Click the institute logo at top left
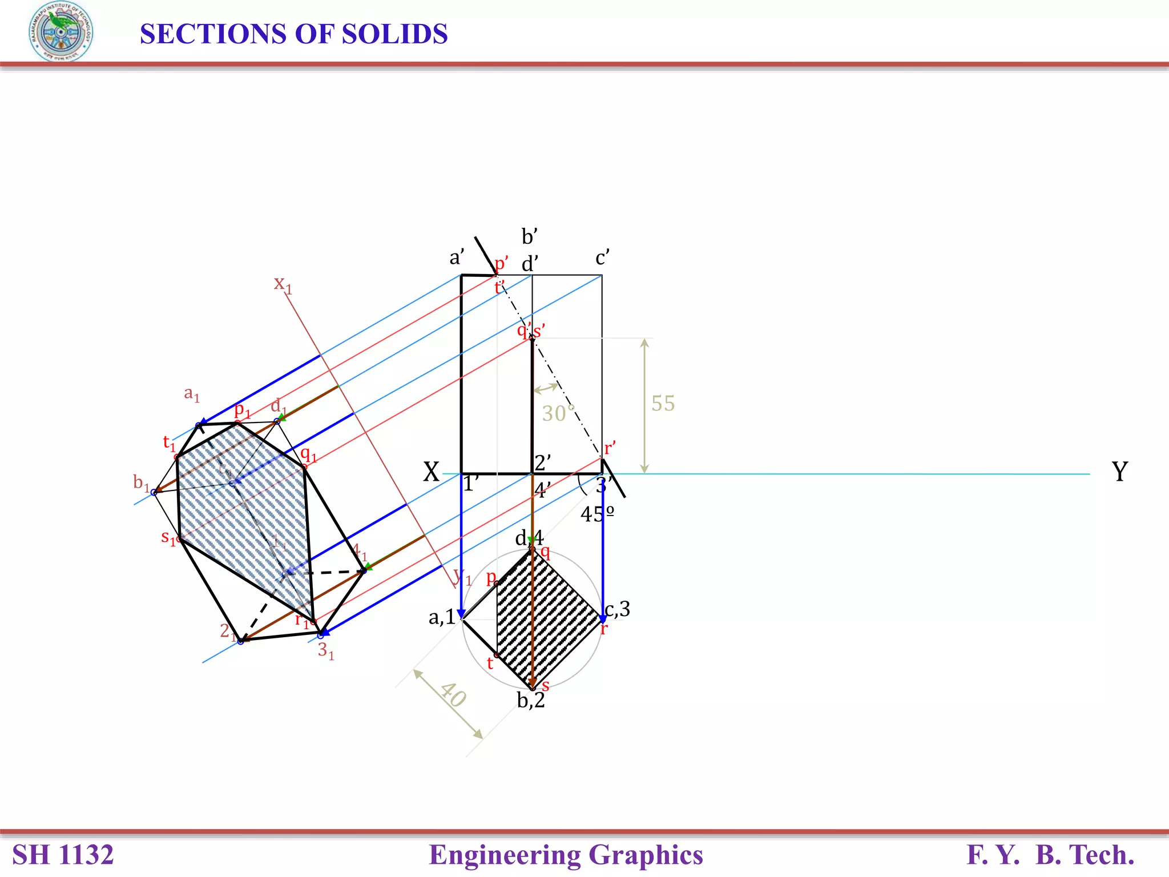61,32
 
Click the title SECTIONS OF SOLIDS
293,34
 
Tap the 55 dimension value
663,403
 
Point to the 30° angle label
558,413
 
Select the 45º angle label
597,514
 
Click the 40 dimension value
453,695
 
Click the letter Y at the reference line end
1119,472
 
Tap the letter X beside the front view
431,472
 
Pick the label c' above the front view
602,258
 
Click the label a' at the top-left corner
457,258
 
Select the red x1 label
283,283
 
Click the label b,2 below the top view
531,700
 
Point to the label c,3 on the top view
618,609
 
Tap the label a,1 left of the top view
442,617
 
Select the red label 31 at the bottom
325,650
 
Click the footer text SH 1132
63,855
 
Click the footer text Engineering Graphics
566,855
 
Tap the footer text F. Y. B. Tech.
1050,855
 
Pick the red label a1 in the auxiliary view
192,393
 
